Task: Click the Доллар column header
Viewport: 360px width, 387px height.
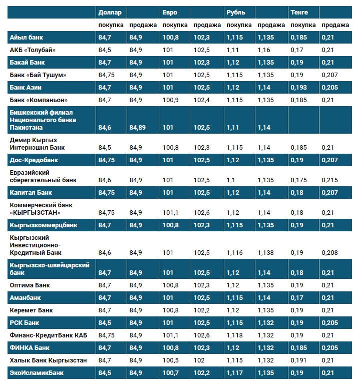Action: [110, 12]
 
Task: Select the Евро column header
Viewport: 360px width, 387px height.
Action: [170, 12]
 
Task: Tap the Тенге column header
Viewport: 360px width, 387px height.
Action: [299, 12]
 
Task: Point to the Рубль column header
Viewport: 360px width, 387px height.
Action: [235, 12]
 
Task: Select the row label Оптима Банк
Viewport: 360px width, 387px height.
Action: [30, 285]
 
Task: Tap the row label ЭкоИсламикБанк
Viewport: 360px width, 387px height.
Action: [37, 372]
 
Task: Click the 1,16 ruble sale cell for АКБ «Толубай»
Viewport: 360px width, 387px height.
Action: [264, 50]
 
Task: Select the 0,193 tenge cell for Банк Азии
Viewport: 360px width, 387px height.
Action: [298, 87]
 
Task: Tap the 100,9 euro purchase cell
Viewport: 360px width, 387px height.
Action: [170, 100]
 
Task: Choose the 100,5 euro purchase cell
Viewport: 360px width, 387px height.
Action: [170, 360]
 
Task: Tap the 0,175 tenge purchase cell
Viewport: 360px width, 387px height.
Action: [298, 180]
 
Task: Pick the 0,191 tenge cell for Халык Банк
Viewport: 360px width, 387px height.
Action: [298, 360]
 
